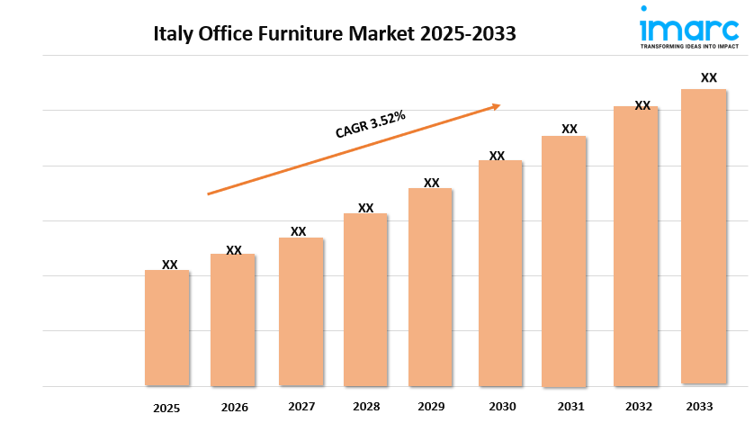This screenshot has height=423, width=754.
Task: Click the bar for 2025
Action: pos(167,328)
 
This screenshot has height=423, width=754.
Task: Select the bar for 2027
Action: pos(301,311)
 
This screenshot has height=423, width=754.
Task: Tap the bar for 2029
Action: pos(430,287)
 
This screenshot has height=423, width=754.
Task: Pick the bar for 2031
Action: pos(563,261)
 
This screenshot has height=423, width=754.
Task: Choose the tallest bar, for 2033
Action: pos(704,237)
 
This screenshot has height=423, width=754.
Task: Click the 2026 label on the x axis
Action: pos(234,408)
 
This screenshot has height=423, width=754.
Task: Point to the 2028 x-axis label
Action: pos(366,407)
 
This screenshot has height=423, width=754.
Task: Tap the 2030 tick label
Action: pos(500,407)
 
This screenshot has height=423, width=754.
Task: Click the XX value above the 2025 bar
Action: pos(170,265)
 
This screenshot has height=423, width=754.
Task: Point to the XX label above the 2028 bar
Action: pos(365,208)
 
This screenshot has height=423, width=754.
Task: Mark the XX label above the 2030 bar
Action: pos(497,156)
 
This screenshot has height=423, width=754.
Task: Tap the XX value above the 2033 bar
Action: pos(709,78)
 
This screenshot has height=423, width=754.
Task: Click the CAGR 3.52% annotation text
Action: pos(370,124)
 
